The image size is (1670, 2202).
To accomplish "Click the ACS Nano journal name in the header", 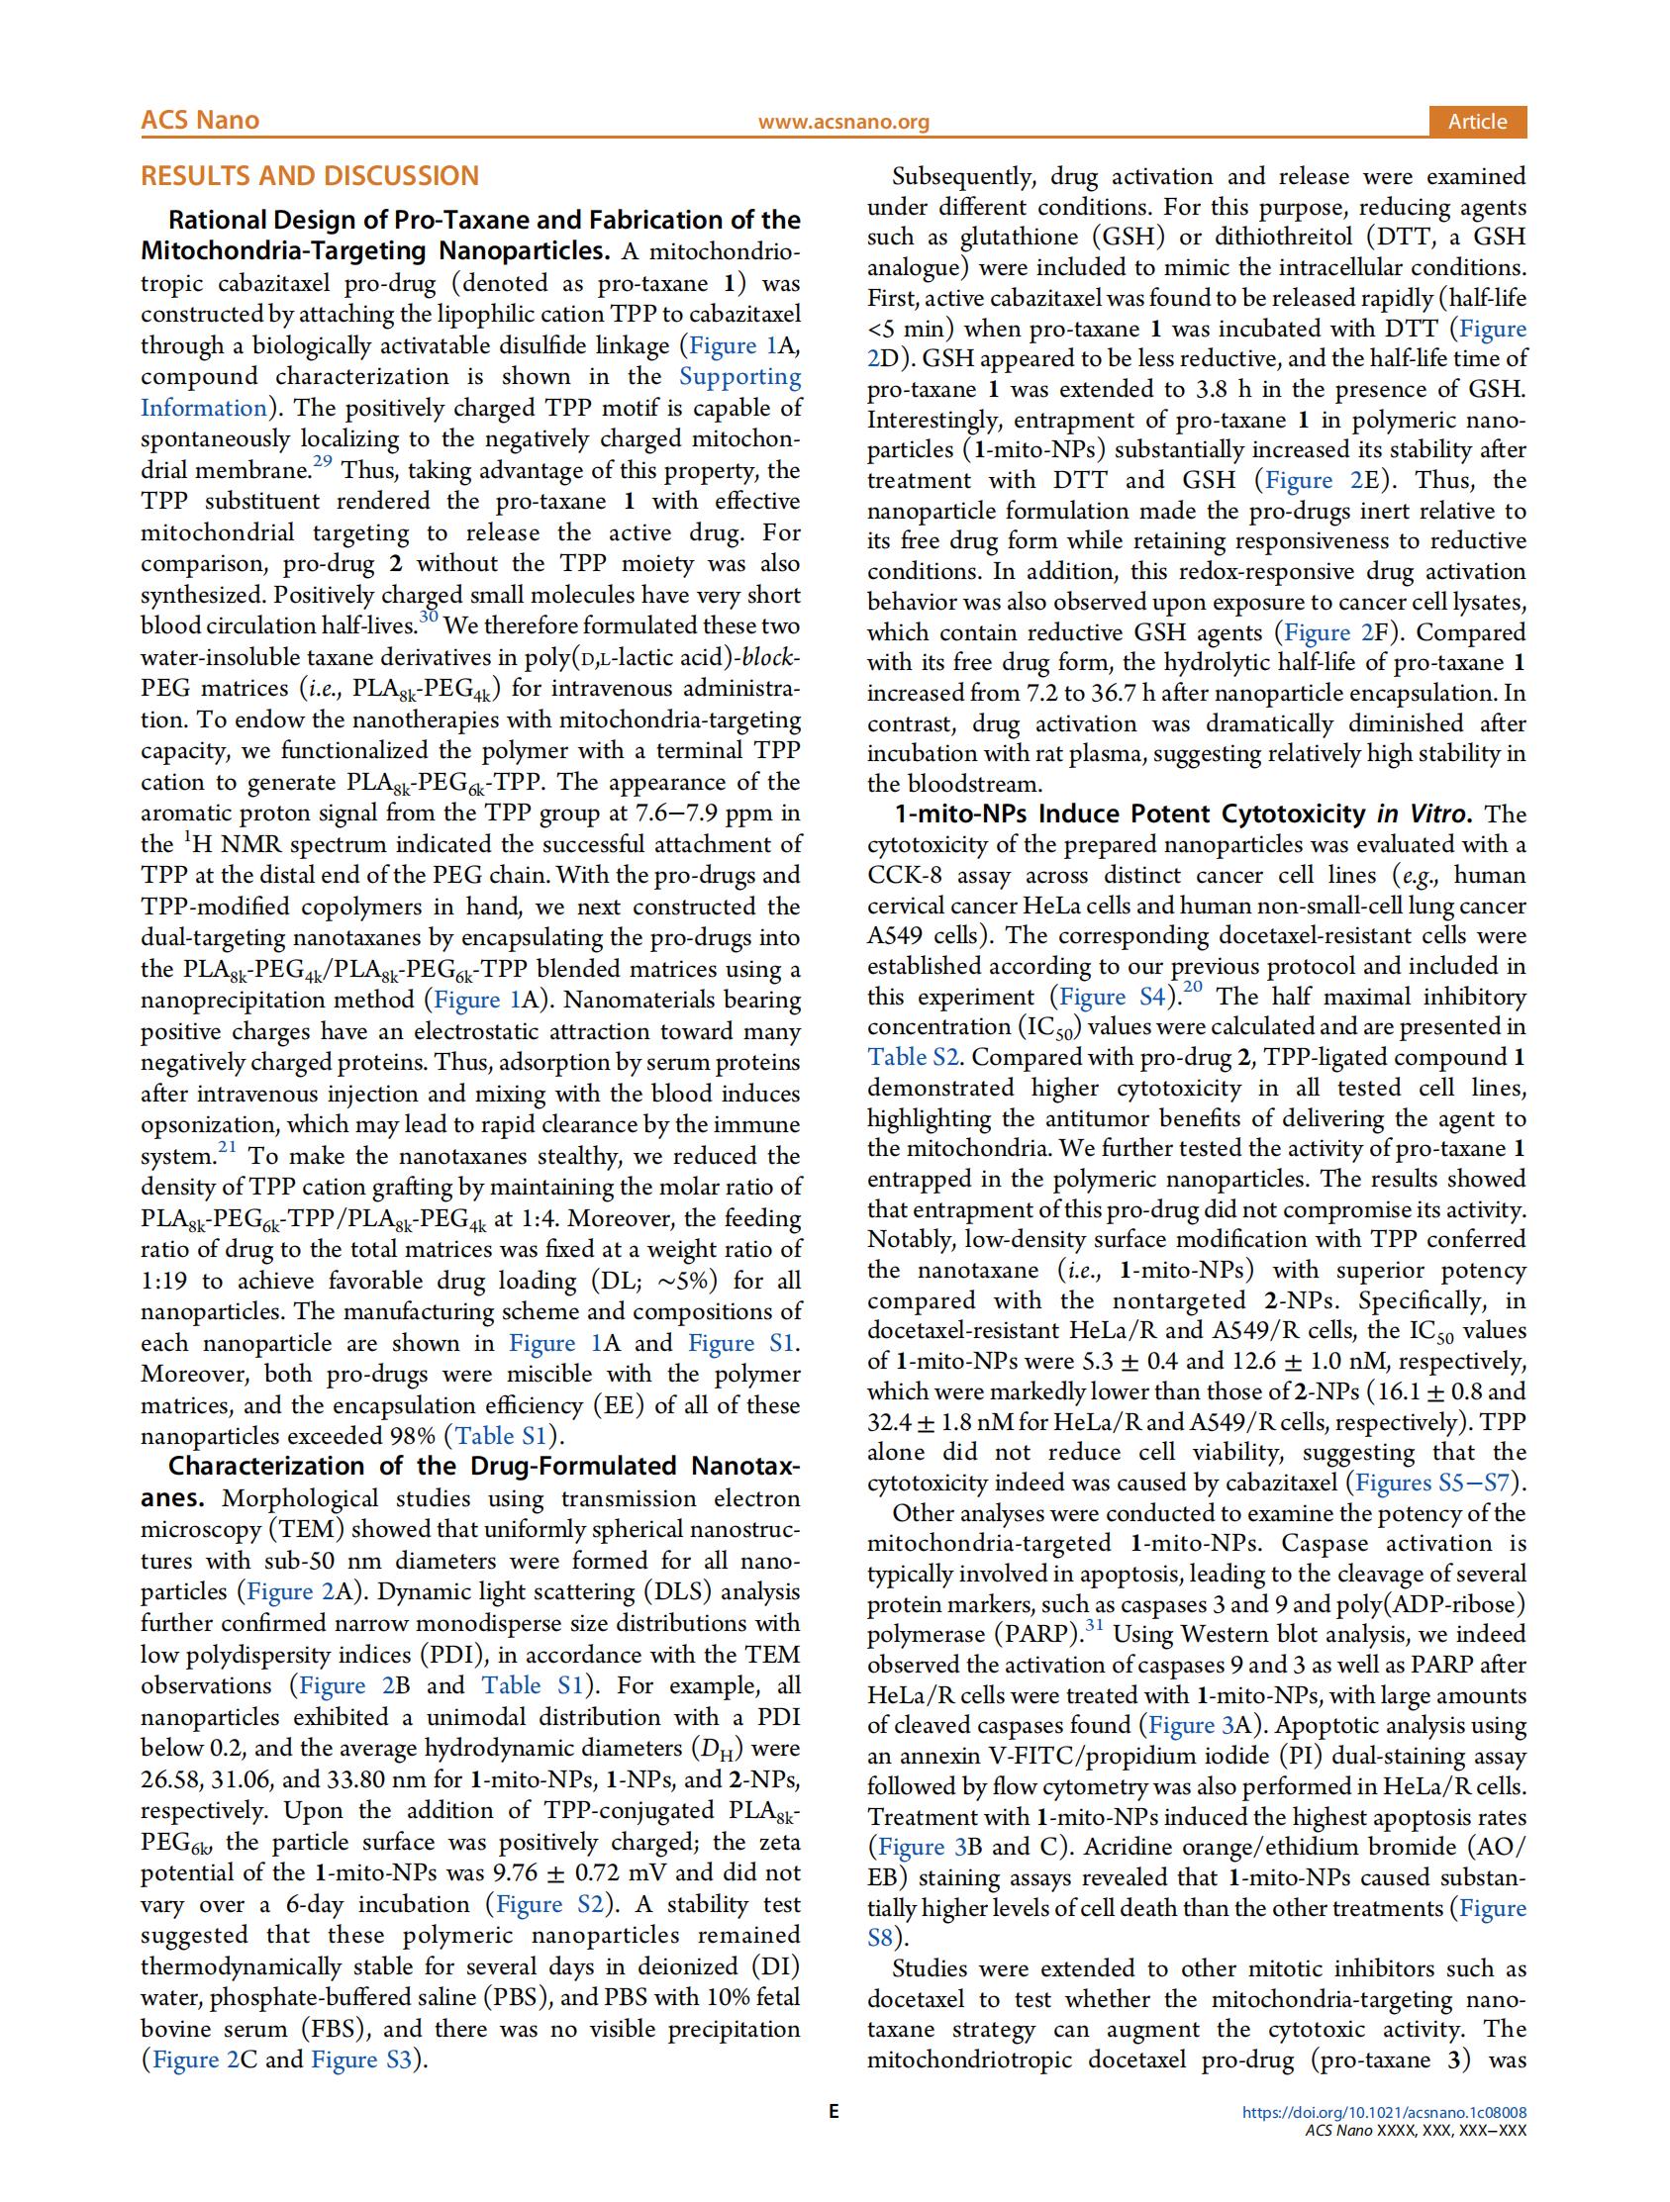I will pyautogui.click(x=199, y=121).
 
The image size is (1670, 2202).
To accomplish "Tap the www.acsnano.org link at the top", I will pyautogui.click(x=842, y=122).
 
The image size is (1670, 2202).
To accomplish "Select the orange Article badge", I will pyautogui.click(x=1476, y=122).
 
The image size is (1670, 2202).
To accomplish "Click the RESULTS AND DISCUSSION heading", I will pyautogui.click(x=310, y=176).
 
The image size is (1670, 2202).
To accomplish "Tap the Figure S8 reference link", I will pyautogui.click(x=882, y=1938).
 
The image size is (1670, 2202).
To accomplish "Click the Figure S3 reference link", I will pyautogui.click(x=361, y=2059).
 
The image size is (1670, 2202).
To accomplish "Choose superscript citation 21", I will pyautogui.click(x=227, y=1148).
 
